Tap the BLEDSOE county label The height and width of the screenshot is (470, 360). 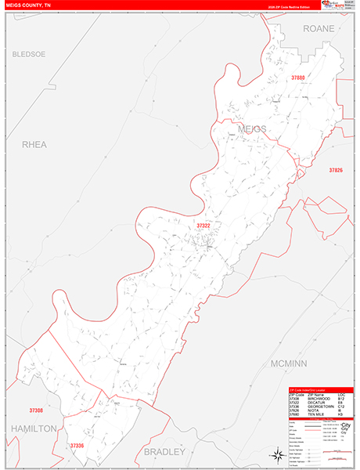[29, 54]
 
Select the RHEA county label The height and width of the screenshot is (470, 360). [35, 144]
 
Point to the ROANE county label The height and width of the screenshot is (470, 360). [319, 28]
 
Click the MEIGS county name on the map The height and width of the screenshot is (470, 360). [247, 128]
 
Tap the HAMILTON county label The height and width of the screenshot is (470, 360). [33, 428]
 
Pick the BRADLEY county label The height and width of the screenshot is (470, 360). [164, 452]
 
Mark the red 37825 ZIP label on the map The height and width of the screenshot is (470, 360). [336, 170]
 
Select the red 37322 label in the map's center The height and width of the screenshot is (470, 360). [203, 226]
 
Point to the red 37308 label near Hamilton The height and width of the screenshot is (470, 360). [36, 410]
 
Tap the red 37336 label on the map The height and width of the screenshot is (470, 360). [76, 446]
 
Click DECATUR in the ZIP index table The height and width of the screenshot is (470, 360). [319, 402]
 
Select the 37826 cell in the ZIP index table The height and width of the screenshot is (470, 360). [295, 410]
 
